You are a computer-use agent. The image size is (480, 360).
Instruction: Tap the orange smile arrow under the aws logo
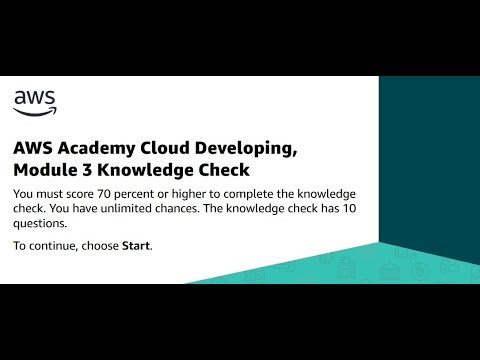coord(35,109)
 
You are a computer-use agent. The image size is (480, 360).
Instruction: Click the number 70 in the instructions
coord(111,194)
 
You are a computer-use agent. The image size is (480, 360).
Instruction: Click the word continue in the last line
coord(58,246)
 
